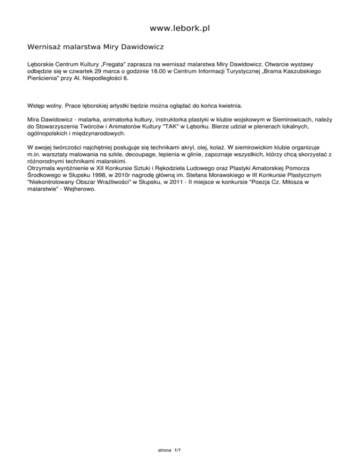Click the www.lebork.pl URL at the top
180,29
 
